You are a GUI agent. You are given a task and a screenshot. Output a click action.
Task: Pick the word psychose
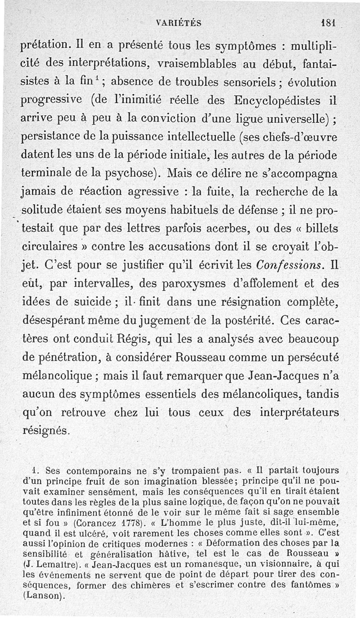[127, 173]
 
